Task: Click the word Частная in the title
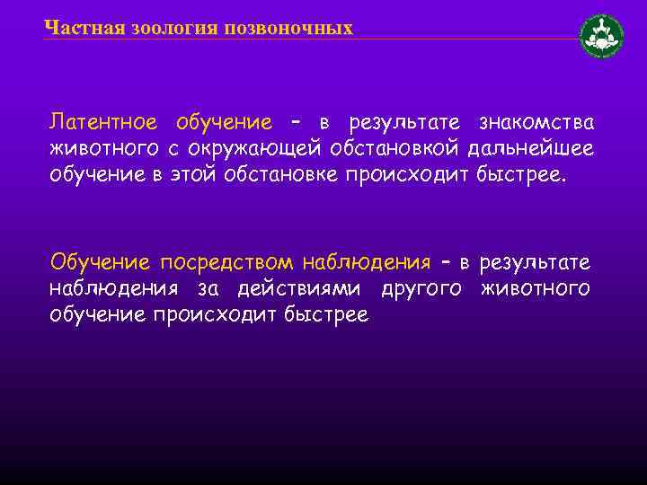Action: coord(75,28)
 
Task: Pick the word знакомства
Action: coord(536,122)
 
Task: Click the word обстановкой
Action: coord(402,147)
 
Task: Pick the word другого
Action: coord(422,288)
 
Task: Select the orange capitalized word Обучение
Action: coord(101,263)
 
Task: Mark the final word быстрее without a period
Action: coord(325,314)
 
